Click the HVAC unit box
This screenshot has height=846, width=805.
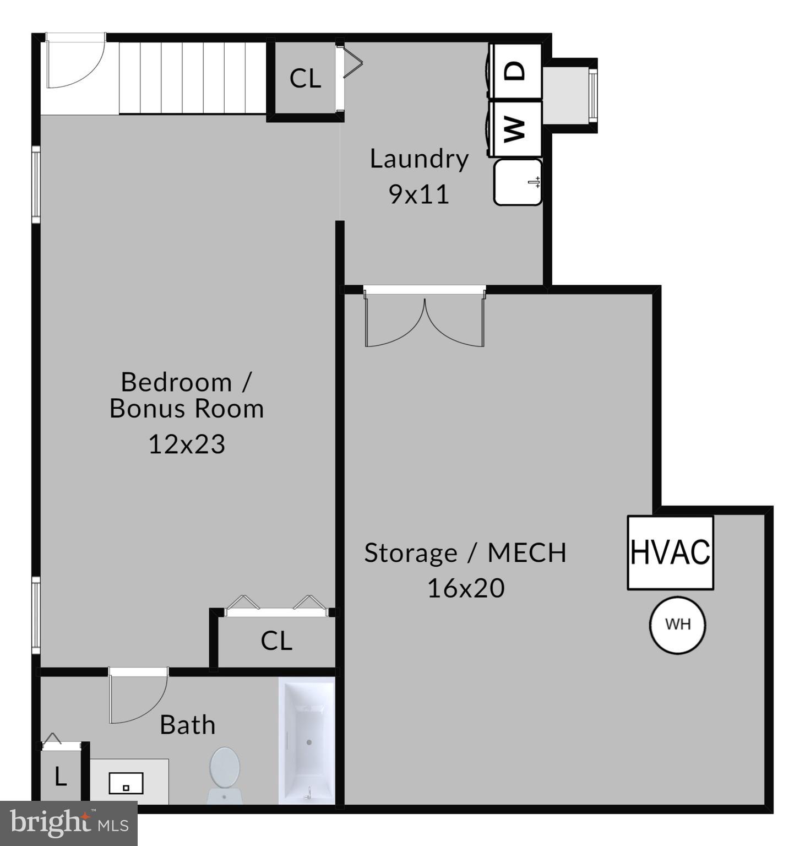[x=670, y=552]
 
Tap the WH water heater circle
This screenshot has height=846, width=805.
[x=677, y=625]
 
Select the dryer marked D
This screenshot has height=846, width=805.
[x=516, y=71]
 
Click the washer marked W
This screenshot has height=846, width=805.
[x=516, y=128]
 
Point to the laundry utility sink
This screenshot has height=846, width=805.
[x=517, y=182]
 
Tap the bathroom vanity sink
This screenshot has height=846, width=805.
[x=127, y=782]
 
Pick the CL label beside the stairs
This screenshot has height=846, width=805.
[x=305, y=79]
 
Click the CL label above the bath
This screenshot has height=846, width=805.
[x=276, y=641]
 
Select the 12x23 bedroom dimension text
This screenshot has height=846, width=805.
[x=187, y=444]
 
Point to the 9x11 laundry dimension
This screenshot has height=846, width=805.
[x=419, y=194]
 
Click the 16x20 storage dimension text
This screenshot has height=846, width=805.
[x=466, y=588]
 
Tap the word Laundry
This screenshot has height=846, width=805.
[x=419, y=159]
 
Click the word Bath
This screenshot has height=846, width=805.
[x=187, y=725]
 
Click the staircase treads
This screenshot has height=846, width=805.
[x=193, y=77]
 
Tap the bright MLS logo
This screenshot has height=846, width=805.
[x=68, y=823]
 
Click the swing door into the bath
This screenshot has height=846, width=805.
[x=138, y=695]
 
